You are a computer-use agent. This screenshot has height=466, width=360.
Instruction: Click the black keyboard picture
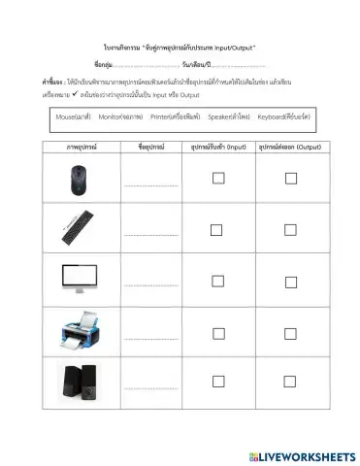tap(78, 227)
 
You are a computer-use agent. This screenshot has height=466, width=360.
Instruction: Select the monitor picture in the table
tap(78, 278)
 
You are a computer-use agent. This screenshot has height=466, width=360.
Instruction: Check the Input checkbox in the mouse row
tap(218, 178)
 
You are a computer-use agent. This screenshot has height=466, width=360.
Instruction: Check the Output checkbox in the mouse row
tap(289, 178)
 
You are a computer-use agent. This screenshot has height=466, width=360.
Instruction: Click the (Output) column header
tap(289, 147)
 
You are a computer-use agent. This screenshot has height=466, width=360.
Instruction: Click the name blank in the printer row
tap(149, 338)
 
